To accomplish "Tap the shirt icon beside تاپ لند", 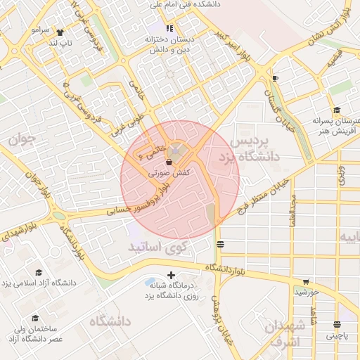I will click(59, 32).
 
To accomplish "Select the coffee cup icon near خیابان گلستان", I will click(274, 78).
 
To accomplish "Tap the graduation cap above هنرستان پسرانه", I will click(337, 110).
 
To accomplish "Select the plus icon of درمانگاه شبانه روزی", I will click(170, 275).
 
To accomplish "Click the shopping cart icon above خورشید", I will click(305, 282).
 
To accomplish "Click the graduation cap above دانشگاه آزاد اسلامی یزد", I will click(39, 273).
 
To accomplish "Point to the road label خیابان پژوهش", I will click(223, 321).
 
